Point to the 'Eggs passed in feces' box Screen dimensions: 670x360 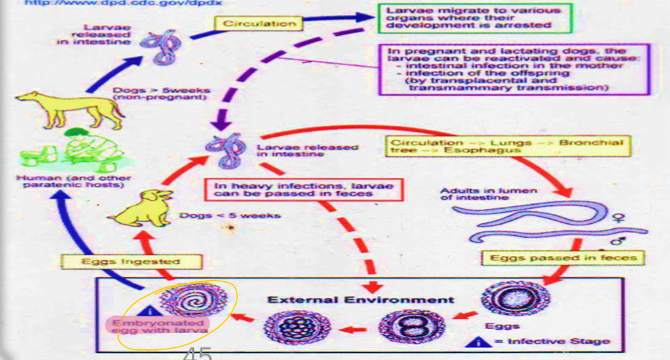tap(563, 258)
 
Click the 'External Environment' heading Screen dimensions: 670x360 tap(360, 299)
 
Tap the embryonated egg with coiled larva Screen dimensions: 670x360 tap(186, 301)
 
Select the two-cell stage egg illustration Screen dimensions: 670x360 tap(402, 328)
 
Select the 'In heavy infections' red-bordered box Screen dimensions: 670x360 tap(307, 188)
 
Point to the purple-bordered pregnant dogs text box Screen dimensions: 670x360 tap(515, 69)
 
